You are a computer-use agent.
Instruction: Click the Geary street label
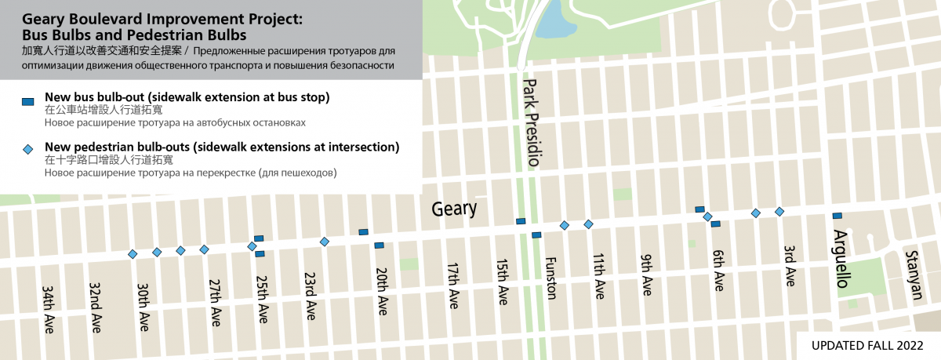[x=454, y=209]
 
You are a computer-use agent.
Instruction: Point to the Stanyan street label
[x=910, y=271]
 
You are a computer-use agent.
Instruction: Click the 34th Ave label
[x=49, y=309]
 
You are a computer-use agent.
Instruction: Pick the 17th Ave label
[x=452, y=285]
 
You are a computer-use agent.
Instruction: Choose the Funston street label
[x=550, y=278]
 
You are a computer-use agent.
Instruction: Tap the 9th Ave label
[x=647, y=275]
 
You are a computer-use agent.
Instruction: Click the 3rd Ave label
[x=790, y=264]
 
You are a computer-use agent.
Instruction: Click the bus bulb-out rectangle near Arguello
[x=837, y=216]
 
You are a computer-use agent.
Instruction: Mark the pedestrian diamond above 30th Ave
[x=156, y=252]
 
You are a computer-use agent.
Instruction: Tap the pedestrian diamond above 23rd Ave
[x=324, y=241]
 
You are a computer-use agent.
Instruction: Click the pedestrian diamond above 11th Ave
[x=588, y=224]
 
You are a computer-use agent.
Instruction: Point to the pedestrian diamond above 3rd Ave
[x=779, y=212]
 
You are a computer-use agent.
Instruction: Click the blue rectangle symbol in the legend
[x=27, y=101]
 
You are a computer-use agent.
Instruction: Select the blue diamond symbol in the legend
[x=27, y=149]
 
